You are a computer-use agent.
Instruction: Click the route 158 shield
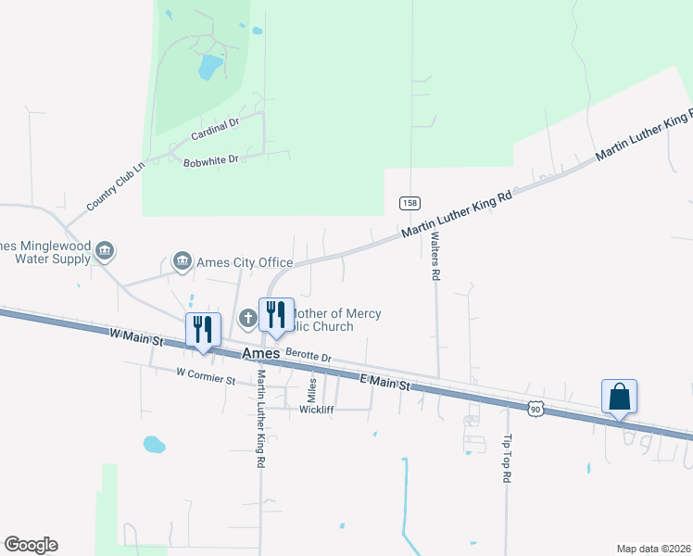pyautogui.click(x=408, y=203)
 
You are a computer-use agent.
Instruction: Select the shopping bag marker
pyautogui.click(x=619, y=397)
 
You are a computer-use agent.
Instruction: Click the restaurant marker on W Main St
pyautogui.click(x=202, y=330)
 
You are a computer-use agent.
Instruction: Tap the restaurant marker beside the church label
pyautogui.click(x=275, y=315)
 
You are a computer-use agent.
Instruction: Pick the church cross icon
pyautogui.click(x=247, y=319)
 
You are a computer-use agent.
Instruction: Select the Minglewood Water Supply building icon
pyautogui.click(x=105, y=250)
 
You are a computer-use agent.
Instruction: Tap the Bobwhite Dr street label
pyautogui.click(x=211, y=160)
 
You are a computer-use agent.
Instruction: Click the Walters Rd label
pyautogui.click(x=434, y=256)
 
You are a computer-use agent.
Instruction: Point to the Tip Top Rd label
pyautogui.click(x=507, y=459)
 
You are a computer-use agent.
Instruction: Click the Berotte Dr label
pyautogui.click(x=308, y=354)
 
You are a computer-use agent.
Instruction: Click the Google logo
pyautogui.click(x=31, y=545)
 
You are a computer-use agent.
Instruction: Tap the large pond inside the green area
pyautogui.click(x=210, y=66)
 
